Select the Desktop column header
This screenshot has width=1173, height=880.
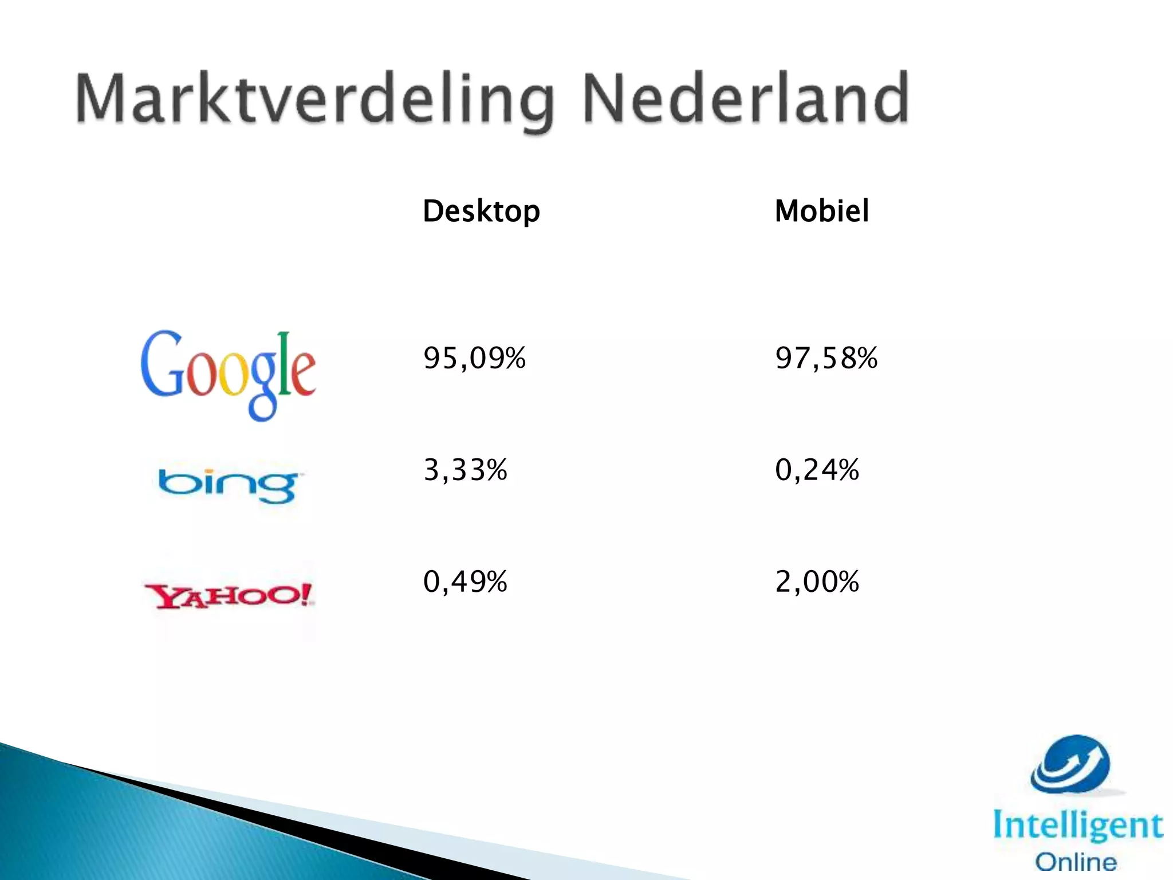coord(481,211)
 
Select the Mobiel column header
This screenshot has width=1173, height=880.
coord(821,211)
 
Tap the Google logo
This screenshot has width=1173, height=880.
coord(228,374)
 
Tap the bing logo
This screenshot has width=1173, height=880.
coord(228,485)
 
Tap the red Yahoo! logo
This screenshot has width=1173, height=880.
coord(228,596)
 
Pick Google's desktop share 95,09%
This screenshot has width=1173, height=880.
coord(474,358)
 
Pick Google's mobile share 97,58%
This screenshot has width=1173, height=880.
coord(826,358)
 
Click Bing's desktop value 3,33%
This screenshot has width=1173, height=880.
coord(465,470)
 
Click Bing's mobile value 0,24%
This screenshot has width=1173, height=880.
coord(817,470)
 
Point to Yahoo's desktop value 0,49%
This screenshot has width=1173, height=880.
coord(465,582)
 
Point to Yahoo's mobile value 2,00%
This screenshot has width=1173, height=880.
coord(817,582)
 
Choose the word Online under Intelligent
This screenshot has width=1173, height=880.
coord(1076,862)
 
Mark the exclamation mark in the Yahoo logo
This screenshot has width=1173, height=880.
coord(306,594)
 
